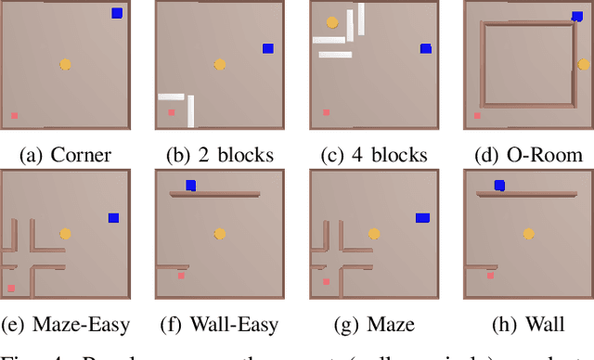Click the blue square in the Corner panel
tap(117, 13)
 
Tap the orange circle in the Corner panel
tap(65, 64)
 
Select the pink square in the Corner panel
tap(14, 116)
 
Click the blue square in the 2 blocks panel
tap(268, 48)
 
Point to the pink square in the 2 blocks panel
tap(171, 112)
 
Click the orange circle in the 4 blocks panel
tap(331, 21)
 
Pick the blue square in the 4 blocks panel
tap(426, 48)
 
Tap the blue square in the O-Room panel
tap(577, 16)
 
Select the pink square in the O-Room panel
tap(477, 116)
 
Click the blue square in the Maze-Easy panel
tap(113, 218)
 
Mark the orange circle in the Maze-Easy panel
tap(65, 234)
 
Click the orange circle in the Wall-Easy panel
tap(219, 234)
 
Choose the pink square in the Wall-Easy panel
tap(181, 275)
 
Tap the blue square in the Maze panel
tap(422, 218)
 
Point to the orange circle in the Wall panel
tap(528, 234)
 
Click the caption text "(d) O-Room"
tap(527, 154)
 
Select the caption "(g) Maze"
tap(373, 325)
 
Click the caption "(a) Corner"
tap(64, 154)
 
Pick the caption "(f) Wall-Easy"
tap(219, 325)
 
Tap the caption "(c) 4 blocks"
tap(373, 154)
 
